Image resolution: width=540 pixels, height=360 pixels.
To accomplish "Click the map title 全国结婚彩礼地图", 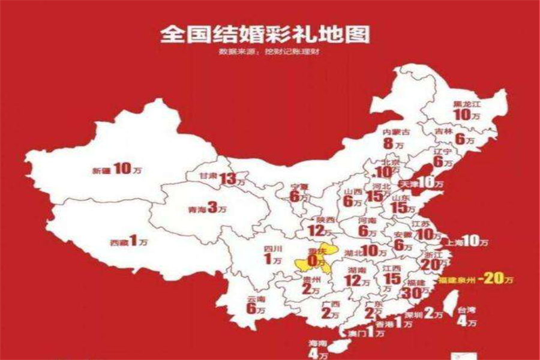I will point(265,34).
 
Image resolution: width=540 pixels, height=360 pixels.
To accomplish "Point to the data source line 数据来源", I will point(267,52).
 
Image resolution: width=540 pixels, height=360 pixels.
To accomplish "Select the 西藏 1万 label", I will point(128,242).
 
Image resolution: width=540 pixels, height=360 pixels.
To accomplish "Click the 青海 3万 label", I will point(207,209).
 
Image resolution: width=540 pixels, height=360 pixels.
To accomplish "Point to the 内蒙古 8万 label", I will point(395,138).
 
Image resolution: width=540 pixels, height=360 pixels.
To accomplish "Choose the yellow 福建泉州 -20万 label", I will point(476,279).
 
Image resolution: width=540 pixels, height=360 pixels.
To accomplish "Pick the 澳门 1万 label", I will point(365,332).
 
